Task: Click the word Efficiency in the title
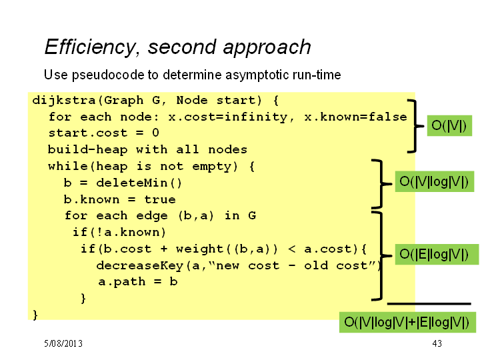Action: click(x=90, y=47)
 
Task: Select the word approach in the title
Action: click(x=267, y=48)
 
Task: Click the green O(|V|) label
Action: click(x=449, y=126)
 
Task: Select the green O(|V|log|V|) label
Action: click(x=435, y=182)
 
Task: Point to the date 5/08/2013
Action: click(x=63, y=343)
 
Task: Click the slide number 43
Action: click(x=437, y=343)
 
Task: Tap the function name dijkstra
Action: click(x=64, y=101)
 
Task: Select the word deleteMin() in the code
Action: click(x=139, y=183)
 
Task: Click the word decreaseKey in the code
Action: click(x=139, y=266)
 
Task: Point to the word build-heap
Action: click(x=87, y=150)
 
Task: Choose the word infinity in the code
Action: click(x=256, y=117)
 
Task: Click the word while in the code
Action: click(x=68, y=166)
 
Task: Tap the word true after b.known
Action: click(x=160, y=199)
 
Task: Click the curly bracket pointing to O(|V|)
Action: click(x=415, y=126)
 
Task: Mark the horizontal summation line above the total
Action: click(x=429, y=304)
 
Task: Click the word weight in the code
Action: click(x=199, y=249)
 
